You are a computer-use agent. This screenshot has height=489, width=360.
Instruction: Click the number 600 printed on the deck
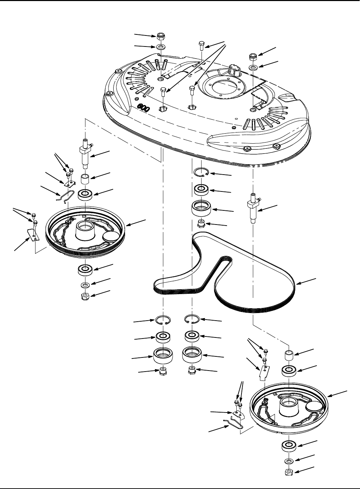tap(143, 107)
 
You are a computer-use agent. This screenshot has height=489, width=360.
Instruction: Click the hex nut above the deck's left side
tap(160, 36)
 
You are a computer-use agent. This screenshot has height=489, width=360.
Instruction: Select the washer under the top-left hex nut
tap(160, 46)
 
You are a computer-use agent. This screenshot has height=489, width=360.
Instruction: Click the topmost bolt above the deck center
tap(202, 45)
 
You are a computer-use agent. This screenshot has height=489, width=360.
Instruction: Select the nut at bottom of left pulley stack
tap(84, 296)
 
